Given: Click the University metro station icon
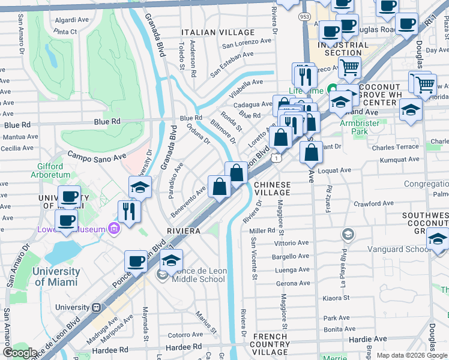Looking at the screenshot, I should [95, 307].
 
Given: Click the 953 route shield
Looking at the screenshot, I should [304, 17].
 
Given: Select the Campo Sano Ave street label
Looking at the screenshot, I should [96, 155].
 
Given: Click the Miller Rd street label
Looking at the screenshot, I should [262, 230].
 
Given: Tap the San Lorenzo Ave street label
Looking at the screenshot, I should [247, 42].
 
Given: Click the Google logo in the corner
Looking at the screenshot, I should [20, 353].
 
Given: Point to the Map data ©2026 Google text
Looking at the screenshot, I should [411, 355].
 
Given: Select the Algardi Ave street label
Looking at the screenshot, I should [71, 19].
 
